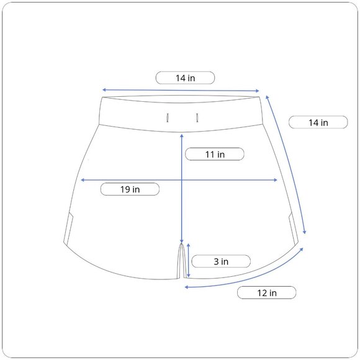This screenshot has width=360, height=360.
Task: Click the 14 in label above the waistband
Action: tap(186, 78)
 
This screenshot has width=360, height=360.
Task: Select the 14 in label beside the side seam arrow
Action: tap(318, 122)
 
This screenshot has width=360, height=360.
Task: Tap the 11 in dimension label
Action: tap(215, 154)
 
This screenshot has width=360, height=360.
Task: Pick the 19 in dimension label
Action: tap(130, 189)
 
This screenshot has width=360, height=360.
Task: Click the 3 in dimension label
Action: tap(221, 261)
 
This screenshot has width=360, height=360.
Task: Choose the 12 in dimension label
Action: tap(266, 293)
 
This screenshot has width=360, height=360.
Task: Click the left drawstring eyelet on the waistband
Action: tap(168, 118)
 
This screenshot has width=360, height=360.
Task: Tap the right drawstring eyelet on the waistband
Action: tap(197, 118)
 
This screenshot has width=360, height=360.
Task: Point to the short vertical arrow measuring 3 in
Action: tap(189, 260)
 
